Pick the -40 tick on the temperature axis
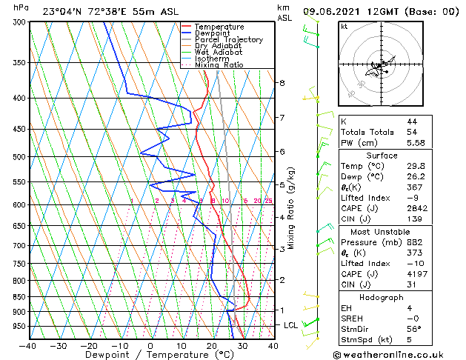[27, 346]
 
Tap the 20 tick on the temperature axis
[211, 346]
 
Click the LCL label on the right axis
[291, 325]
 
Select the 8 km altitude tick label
[282, 83]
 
